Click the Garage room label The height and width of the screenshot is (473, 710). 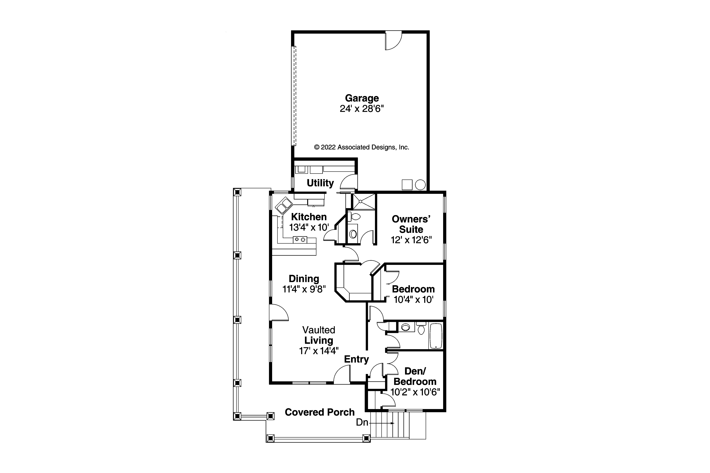pos(362,98)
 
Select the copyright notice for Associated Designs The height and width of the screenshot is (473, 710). pos(361,147)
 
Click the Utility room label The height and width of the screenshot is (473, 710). pos(320,183)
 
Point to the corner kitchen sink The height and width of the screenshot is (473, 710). pos(284,205)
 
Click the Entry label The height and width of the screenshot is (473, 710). pos(356,359)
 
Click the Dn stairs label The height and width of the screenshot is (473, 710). pos(362,422)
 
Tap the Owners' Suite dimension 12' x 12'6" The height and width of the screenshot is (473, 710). pos(411,240)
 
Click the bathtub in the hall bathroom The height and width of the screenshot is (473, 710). pos(435,336)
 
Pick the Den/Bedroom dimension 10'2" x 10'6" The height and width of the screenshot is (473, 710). pos(415,392)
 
